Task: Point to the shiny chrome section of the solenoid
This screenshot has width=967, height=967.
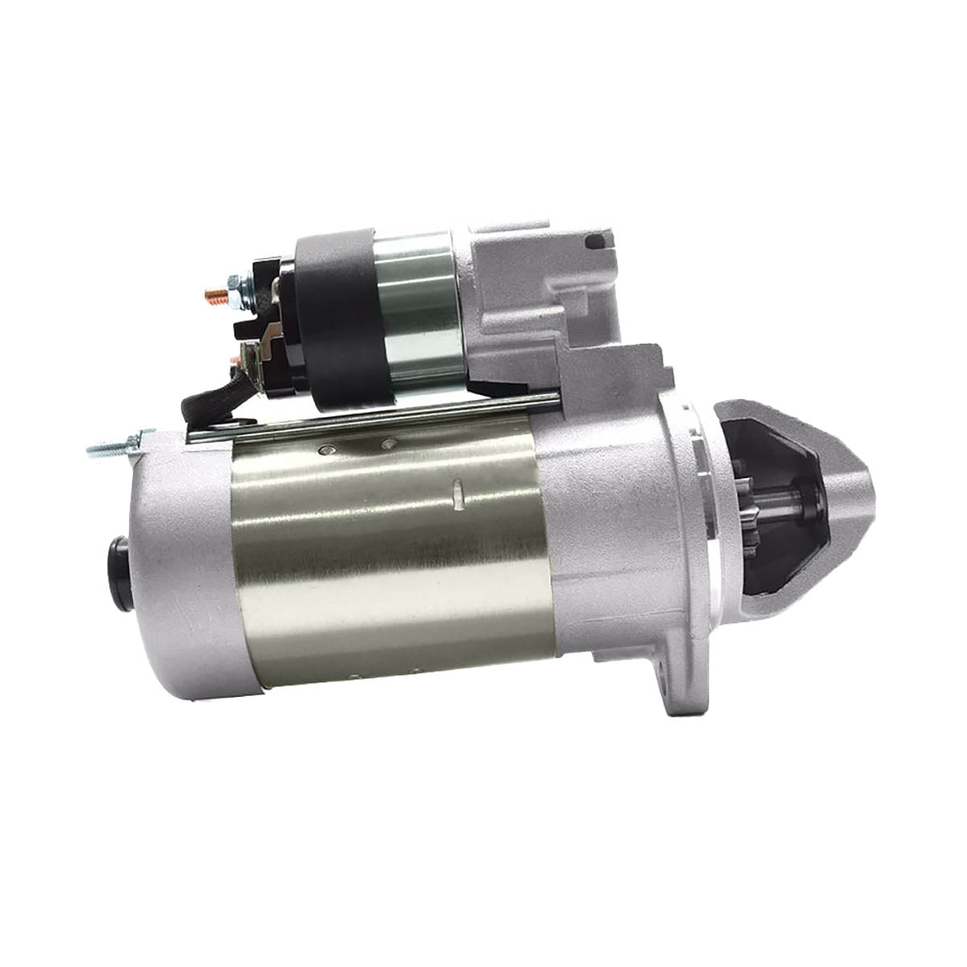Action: [x=419, y=306]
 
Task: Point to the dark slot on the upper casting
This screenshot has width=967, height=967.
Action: [x=597, y=240]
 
